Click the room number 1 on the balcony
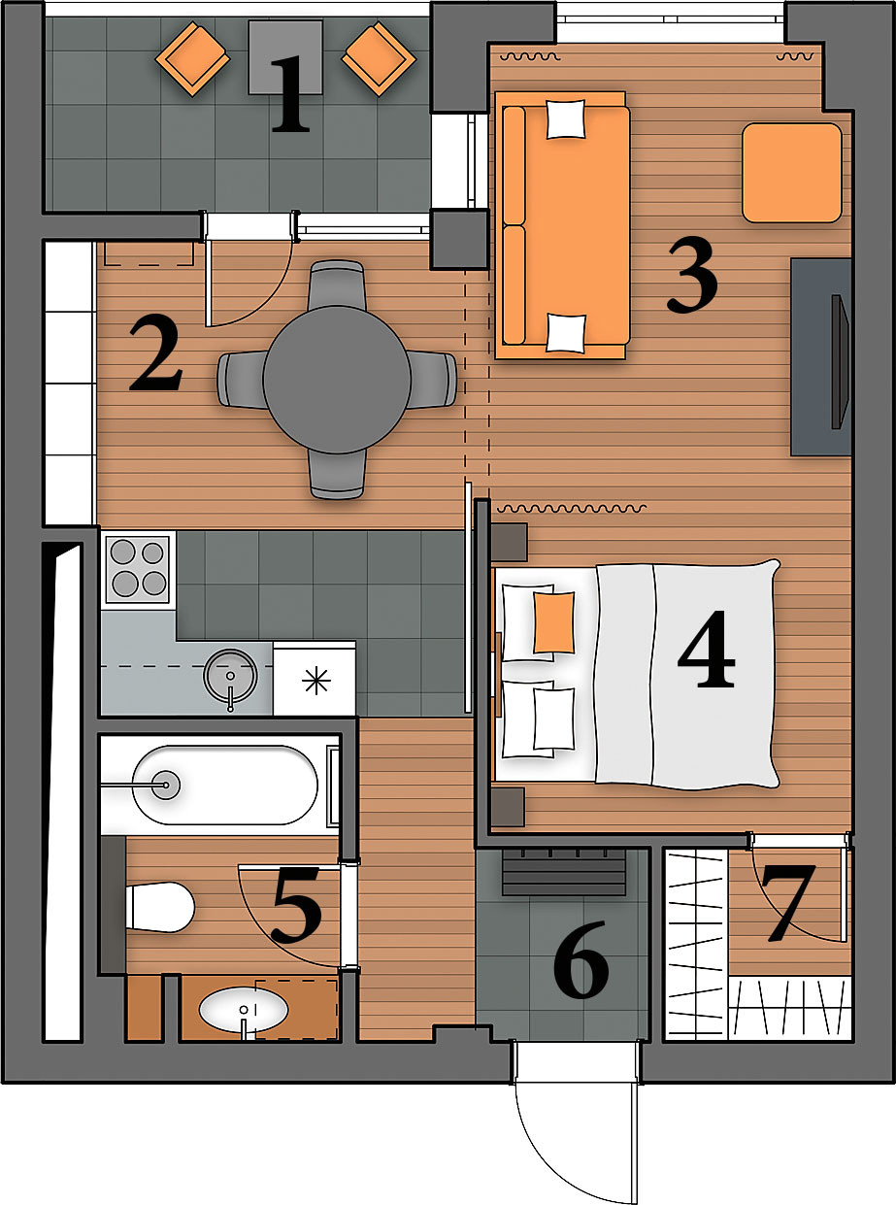coord(290,93)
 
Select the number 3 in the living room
coord(692,277)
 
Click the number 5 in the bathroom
coord(297,904)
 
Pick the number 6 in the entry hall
coord(581,959)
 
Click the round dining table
coord(337,380)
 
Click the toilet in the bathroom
coord(160,907)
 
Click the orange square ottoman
coord(792,173)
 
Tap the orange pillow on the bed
coord(553,622)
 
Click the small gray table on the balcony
coord(285,57)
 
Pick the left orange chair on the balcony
coord(192,58)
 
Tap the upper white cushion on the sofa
coord(566,119)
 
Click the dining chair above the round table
coord(336,285)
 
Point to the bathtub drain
coord(166,785)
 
